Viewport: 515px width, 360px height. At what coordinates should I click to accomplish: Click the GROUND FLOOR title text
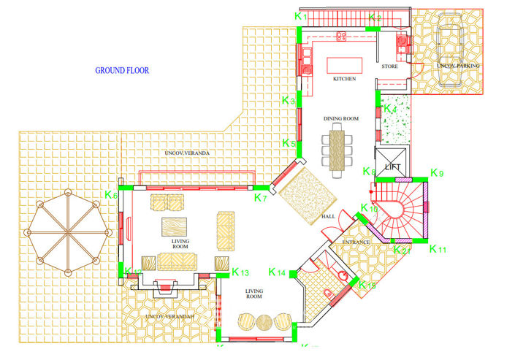(x=122, y=71)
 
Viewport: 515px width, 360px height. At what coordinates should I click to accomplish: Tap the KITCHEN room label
(x=344, y=78)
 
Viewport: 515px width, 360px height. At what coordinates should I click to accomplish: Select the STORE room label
(x=389, y=67)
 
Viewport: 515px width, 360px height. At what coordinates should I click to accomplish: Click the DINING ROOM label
(x=341, y=118)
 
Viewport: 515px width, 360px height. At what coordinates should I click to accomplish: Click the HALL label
(x=328, y=218)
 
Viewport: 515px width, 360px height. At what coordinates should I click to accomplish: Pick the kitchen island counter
(x=344, y=64)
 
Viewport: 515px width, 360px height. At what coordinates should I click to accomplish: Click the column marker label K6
(x=111, y=195)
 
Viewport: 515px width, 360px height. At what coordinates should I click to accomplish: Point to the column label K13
(x=240, y=272)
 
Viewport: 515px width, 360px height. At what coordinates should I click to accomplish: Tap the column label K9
(x=437, y=173)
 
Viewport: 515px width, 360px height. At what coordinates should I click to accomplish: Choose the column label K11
(x=437, y=250)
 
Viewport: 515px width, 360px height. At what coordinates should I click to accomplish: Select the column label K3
(x=289, y=101)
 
